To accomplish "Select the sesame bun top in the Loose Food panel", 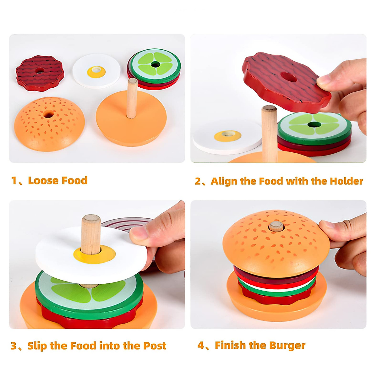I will point(49,124).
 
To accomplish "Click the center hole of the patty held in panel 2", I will point(288,77).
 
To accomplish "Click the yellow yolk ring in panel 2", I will point(228,136).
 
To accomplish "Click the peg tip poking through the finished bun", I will point(276,225).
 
